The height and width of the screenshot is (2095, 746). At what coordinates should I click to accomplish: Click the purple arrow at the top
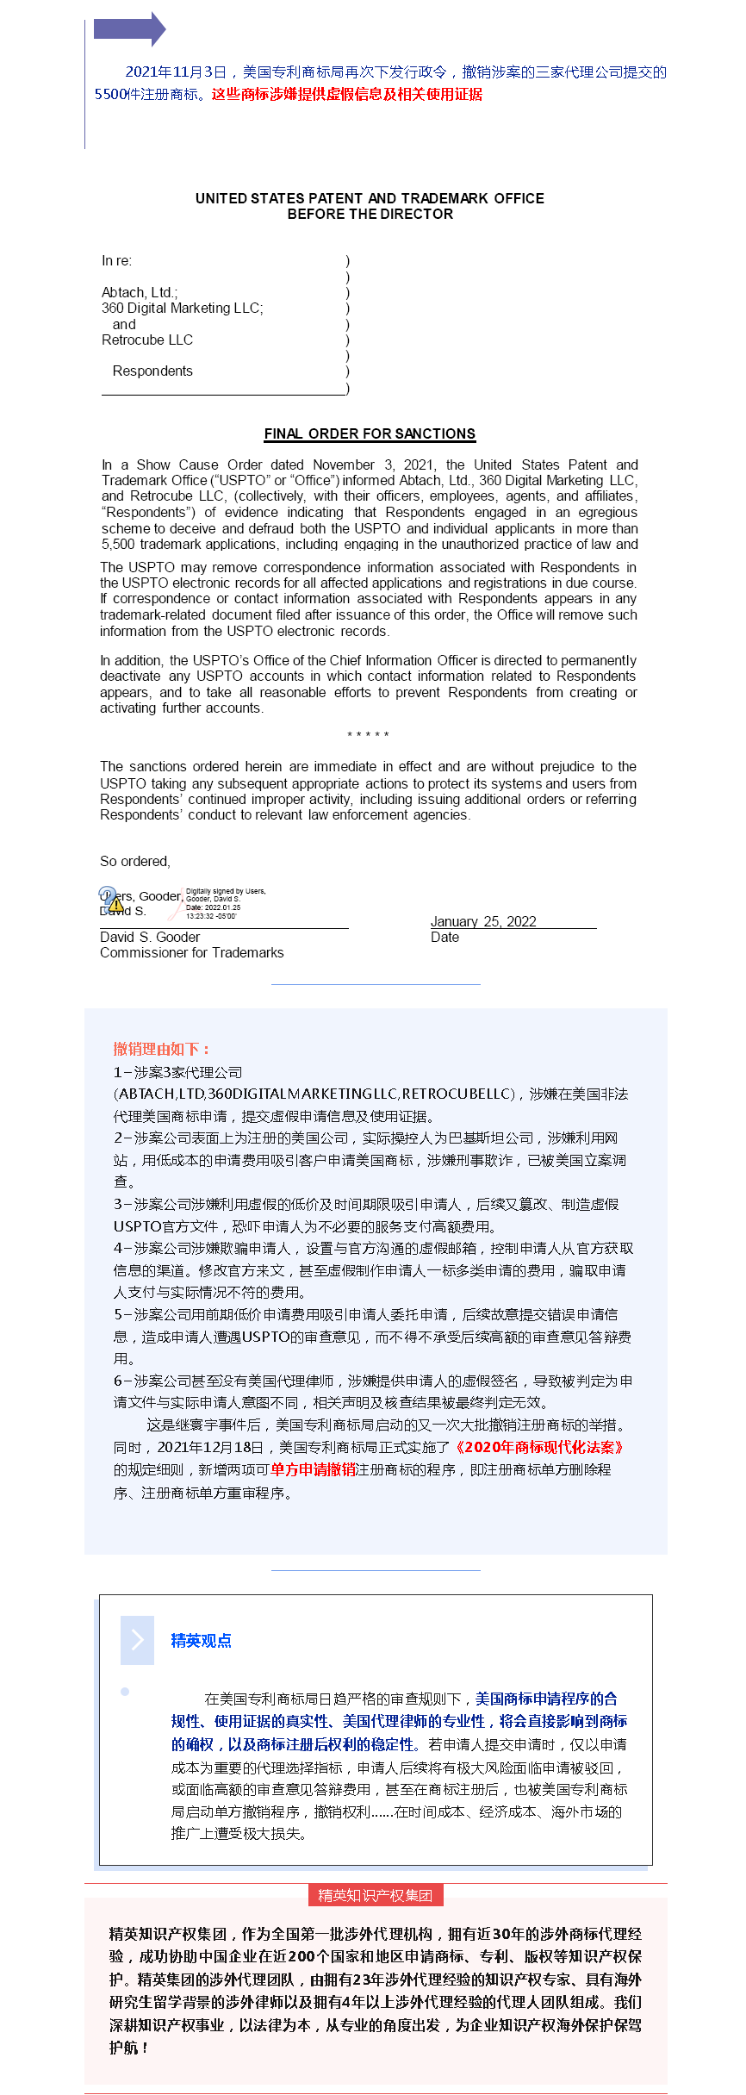click(129, 28)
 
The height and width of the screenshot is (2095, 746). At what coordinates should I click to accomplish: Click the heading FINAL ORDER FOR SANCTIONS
click(370, 433)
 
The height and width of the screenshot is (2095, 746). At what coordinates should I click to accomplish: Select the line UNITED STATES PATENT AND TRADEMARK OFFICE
click(370, 198)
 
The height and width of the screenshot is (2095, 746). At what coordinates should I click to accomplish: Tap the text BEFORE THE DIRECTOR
click(370, 215)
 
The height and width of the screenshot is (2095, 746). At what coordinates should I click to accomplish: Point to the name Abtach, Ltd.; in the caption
click(140, 292)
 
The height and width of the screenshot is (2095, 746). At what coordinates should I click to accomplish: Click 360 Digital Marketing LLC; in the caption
click(182, 308)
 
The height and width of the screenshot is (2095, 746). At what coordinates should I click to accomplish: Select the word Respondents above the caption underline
click(152, 371)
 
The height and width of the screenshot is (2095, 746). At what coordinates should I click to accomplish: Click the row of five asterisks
click(368, 735)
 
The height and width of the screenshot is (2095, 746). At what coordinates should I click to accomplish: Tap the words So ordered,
click(135, 861)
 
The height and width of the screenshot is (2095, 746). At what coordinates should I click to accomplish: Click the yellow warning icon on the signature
click(115, 904)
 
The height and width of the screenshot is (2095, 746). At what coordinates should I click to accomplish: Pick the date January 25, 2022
click(483, 921)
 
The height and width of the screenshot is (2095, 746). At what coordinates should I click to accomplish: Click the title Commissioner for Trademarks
click(191, 952)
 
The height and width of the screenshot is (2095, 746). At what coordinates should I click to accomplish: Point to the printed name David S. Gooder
click(150, 937)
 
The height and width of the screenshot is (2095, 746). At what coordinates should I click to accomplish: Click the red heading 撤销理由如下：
click(163, 1049)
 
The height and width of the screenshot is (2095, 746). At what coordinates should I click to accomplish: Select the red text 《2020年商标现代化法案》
click(539, 1447)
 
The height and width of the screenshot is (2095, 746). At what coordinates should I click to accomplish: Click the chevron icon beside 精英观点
click(137, 1639)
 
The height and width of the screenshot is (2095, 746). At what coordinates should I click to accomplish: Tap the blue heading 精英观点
click(201, 1640)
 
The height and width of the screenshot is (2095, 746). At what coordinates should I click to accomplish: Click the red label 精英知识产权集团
click(375, 1895)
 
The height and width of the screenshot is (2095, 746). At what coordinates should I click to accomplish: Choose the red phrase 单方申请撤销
click(313, 1469)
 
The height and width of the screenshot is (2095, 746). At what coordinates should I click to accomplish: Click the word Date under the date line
click(444, 937)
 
